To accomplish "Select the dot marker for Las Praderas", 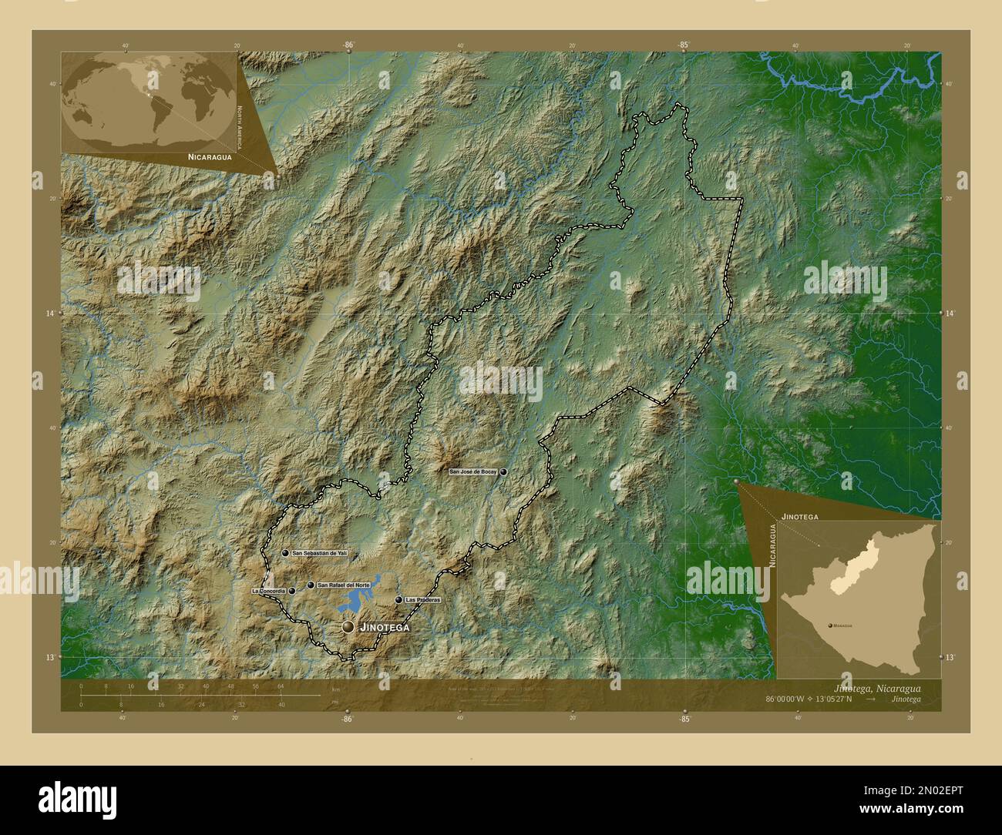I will coord(398,599).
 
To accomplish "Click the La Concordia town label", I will coord(269,591).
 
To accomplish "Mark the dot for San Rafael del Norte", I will coord(311,585).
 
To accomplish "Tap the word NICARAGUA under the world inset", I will coord(208,156).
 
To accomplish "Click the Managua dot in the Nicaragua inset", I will coord(826,626).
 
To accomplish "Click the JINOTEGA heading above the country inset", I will coord(799,512).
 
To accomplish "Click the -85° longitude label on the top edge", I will coord(684,45).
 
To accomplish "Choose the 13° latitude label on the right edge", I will coord(949,657).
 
